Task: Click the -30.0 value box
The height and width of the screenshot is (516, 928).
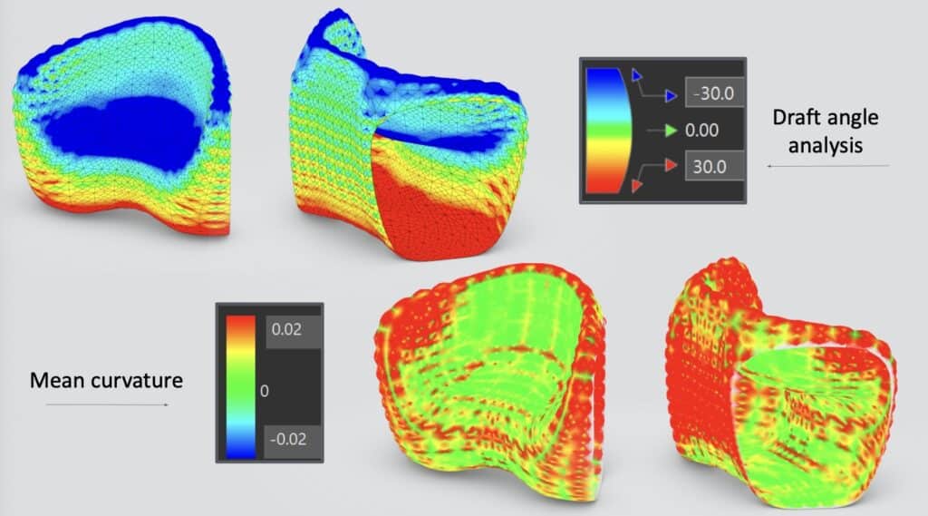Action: [x=714, y=93]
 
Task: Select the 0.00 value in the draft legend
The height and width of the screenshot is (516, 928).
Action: [x=702, y=131]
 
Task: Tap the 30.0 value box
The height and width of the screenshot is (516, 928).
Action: [x=714, y=167]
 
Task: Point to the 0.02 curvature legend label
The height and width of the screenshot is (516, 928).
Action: [x=287, y=329]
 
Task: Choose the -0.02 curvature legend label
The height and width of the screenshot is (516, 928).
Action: [x=288, y=439]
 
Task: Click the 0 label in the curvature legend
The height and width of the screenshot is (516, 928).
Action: [x=265, y=391]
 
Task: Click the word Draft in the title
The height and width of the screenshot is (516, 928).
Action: [x=797, y=117]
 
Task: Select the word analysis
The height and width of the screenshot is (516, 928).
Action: [x=825, y=146]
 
